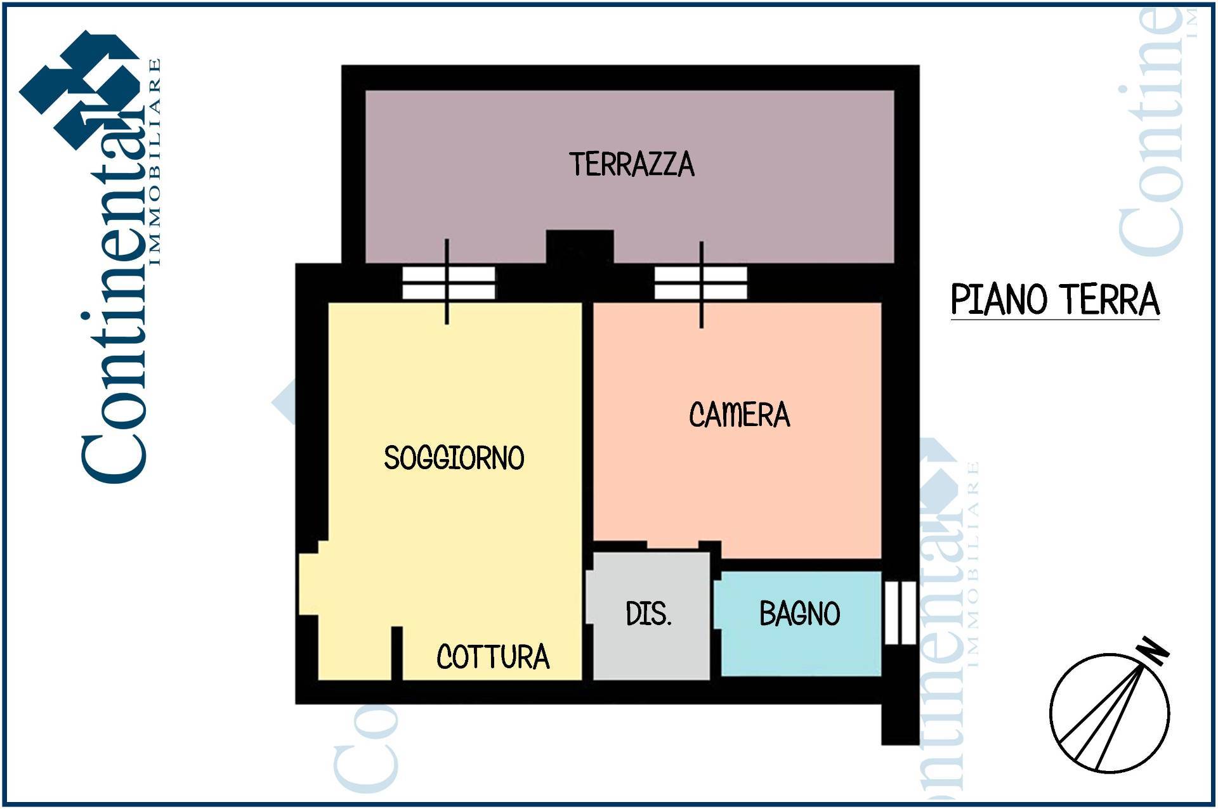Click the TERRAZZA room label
(632, 164)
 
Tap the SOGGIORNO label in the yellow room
(454, 458)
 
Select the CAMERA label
(740, 415)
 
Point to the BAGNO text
(800, 614)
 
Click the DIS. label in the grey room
(648, 614)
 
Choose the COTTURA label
(493, 657)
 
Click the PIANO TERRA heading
(1055, 300)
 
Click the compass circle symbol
(1109, 713)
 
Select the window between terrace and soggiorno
(449, 282)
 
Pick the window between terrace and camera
(701, 282)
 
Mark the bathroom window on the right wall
(900, 612)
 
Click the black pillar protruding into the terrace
(580, 247)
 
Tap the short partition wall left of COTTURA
(396, 653)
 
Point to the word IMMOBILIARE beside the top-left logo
(154, 162)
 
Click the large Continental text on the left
(114, 279)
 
